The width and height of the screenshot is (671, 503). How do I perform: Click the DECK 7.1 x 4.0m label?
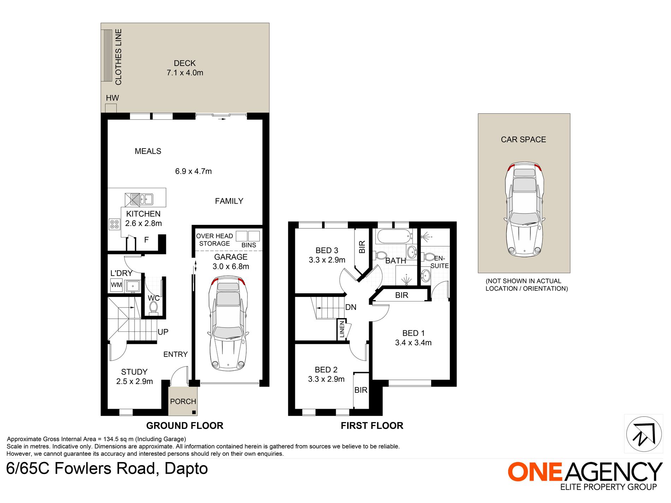point(185,68)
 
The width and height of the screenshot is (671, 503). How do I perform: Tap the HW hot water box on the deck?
point(111,108)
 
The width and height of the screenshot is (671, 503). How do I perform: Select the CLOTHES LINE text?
point(118,57)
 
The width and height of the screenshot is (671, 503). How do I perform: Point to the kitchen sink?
point(139,199)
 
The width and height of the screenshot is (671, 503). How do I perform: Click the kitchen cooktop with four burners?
point(114,224)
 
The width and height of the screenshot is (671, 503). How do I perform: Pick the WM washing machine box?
point(116,285)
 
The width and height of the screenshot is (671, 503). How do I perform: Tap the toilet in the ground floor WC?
point(153,308)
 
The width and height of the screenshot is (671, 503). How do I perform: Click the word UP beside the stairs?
point(163,332)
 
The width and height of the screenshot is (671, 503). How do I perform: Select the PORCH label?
point(183,401)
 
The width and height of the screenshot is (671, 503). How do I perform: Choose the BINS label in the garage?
point(249,245)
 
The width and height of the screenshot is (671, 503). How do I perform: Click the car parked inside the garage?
point(228,323)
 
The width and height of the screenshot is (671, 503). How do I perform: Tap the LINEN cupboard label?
point(342,330)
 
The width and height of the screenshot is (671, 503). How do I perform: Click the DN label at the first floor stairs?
point(351,307)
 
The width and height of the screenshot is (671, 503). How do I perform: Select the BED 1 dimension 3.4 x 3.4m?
point(413,343)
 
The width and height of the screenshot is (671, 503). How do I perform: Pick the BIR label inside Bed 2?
point(361,390)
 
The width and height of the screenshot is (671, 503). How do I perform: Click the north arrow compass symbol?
point(644,434)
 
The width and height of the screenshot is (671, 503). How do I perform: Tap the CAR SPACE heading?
point(523,139)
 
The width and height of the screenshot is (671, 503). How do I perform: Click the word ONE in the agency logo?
point(535,472)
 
